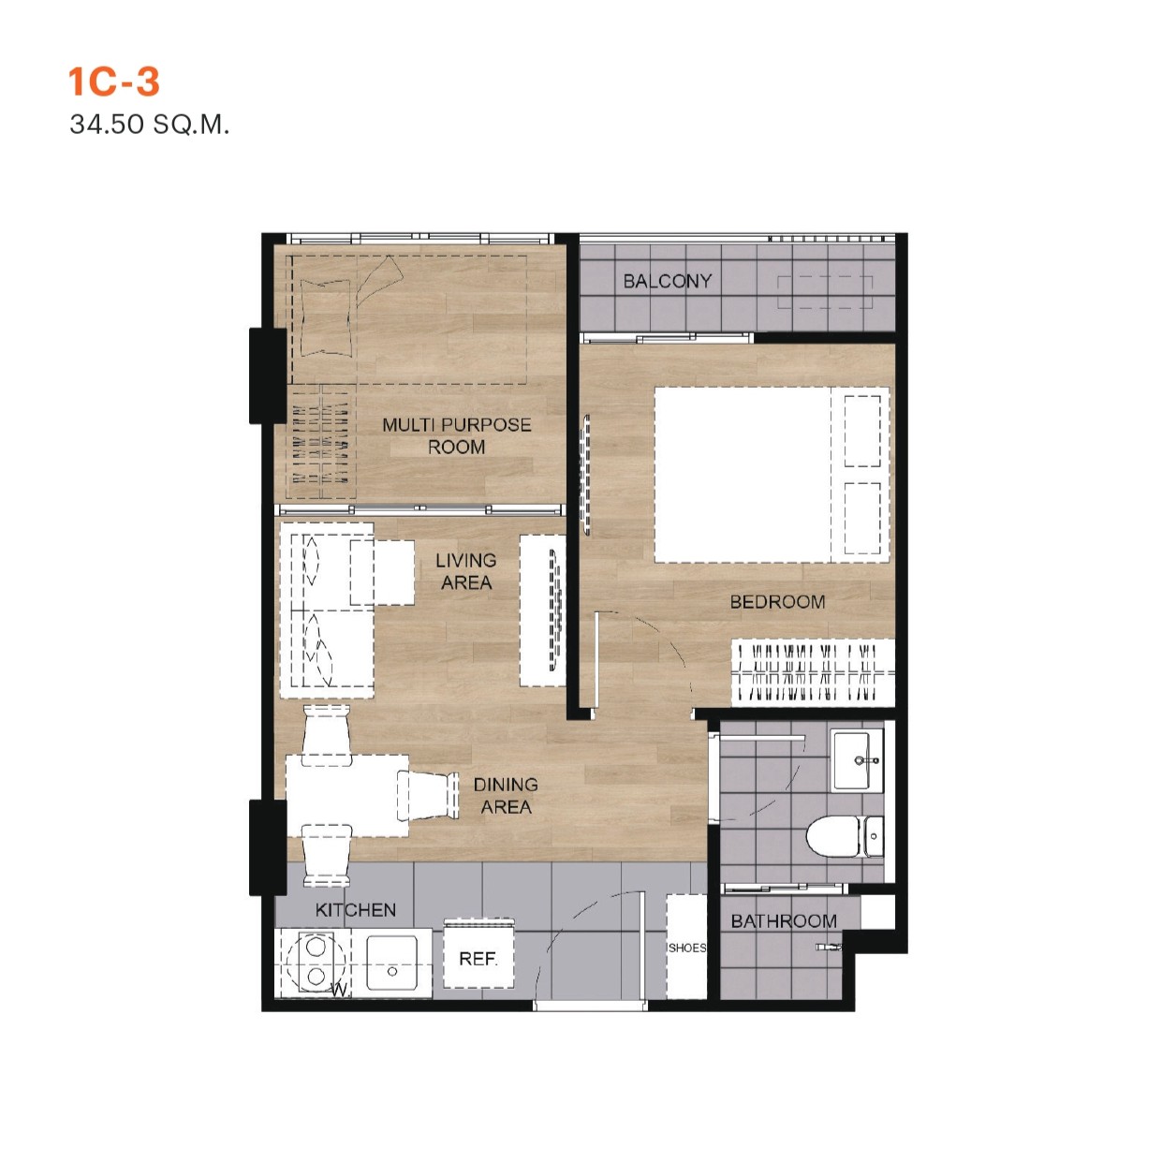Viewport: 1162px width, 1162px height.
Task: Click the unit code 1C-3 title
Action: [113, 82]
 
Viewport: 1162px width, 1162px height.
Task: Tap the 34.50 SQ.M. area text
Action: [149, 125]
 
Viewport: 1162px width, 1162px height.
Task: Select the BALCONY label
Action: [668, 281]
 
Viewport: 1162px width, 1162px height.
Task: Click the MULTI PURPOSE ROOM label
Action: [456, 436]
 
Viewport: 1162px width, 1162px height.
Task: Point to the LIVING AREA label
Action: [465, 571]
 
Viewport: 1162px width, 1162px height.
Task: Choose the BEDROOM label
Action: [777, 602]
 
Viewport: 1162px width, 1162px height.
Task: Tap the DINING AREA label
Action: [506, 796]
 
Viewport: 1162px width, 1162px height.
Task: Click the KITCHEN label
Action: [355, 910]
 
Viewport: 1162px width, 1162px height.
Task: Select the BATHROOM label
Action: [784, 921]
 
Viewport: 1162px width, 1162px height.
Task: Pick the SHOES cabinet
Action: [686, 947]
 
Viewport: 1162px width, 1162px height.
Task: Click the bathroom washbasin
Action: [856, 760]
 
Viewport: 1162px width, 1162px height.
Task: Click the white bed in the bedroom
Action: [768, 475]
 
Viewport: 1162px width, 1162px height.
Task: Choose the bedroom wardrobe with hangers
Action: [810, 672]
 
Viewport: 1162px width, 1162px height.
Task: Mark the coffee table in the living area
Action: [382, 572]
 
